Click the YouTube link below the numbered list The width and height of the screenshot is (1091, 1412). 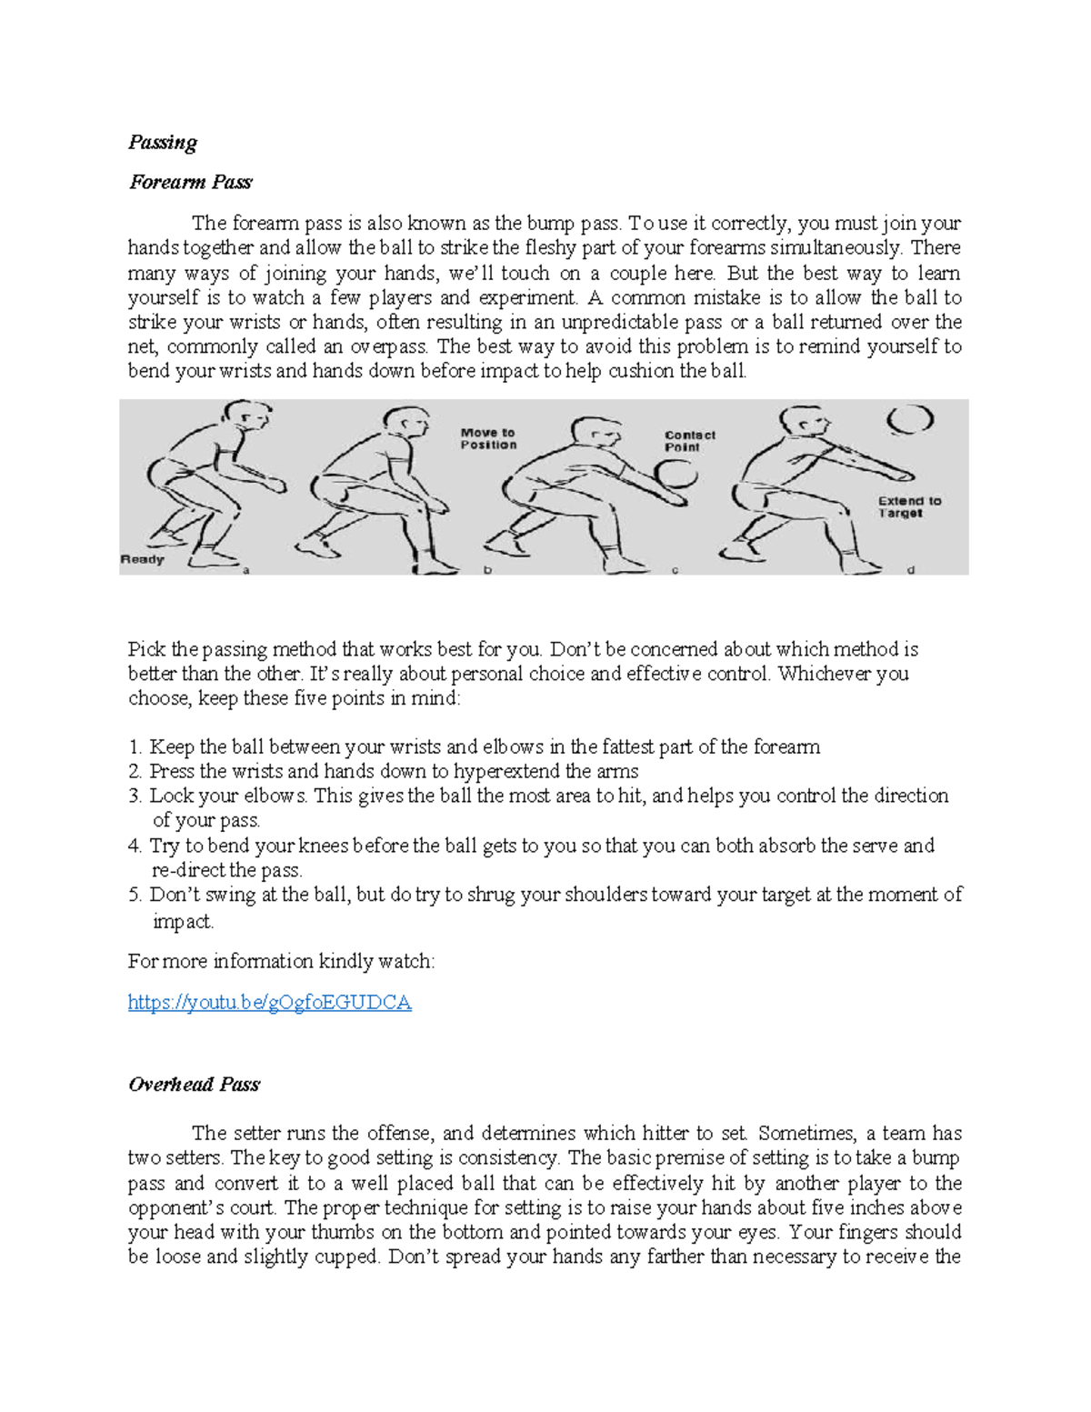269,1002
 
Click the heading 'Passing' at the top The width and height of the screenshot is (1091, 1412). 163,142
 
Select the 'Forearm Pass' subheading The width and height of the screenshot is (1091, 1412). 190,182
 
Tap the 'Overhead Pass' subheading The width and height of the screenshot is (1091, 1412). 194,1084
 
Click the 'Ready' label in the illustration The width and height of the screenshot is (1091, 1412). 142,559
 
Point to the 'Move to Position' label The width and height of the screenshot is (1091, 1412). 488,438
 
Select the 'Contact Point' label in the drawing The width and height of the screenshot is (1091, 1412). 689,441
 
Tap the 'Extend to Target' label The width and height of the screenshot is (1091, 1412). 908,506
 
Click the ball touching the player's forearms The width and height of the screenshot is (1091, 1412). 676,476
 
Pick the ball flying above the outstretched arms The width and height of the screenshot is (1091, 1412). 910,419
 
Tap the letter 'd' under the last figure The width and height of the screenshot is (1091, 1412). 911,570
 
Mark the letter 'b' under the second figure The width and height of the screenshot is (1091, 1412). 488,570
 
